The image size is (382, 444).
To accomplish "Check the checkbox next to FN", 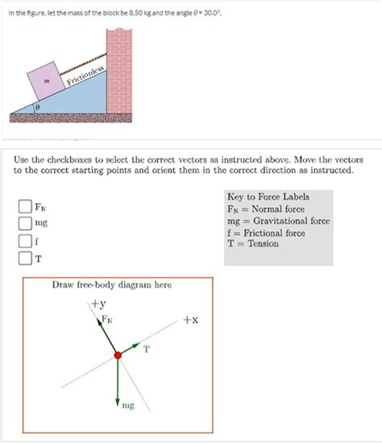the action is [25, 206].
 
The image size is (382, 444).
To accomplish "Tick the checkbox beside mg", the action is [25, 223].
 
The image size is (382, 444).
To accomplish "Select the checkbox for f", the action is [25, 241].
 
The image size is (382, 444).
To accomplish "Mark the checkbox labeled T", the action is [25, 258].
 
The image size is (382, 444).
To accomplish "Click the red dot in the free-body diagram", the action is [118, 355].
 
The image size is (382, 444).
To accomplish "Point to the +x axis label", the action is [191, 320].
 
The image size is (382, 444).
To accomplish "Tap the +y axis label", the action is [98, 304].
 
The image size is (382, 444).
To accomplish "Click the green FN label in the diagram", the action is [107, 319].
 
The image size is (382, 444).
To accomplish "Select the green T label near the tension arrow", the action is [146, 350].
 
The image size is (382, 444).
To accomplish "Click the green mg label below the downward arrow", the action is [128, 405].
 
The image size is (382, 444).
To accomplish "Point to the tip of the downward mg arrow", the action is [118, 406].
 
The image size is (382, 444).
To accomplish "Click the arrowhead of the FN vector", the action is [98, 322].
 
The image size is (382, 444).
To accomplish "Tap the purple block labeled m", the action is [46, 81].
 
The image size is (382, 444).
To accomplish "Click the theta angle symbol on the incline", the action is [37, 108].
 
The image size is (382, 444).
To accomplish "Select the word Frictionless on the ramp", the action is [85, 76].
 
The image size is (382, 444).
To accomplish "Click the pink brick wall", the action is [119, 71].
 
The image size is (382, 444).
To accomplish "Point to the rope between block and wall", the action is [83, 64].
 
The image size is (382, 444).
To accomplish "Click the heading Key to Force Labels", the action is [268, 197].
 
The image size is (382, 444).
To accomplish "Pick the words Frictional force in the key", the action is [274, 233].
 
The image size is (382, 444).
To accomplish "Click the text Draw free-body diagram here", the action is [112, 284].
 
